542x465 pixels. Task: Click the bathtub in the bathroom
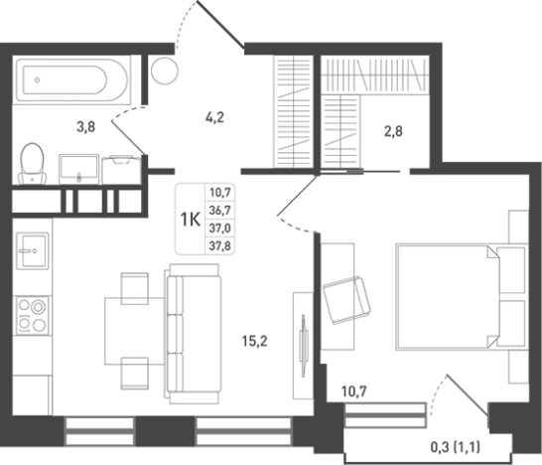tap(71, 79)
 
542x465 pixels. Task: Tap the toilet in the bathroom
tap(32, 164)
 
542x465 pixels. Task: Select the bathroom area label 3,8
tap(85, 127)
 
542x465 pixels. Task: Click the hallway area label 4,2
tap(214, 117)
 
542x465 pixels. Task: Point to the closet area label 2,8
tap(393, 131)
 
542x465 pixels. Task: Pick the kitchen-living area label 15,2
tap(255, 341)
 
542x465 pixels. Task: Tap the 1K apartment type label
tap(191, 219)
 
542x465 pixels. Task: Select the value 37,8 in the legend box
tap(219, 246)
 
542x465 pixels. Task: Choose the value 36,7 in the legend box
tap(219, 210)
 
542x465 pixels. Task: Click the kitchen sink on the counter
tap(33, 250)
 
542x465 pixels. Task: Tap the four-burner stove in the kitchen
tap(33, 315)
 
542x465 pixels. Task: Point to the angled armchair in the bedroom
tap(346, 300)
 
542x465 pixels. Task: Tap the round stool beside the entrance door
tap(165, 71)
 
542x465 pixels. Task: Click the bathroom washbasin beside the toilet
tap(79, 169)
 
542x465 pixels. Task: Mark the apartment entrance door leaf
tap(220, 23)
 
